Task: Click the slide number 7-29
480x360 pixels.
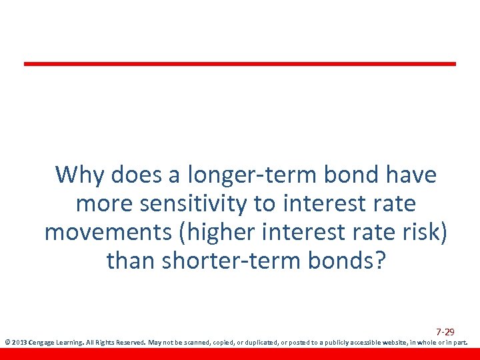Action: pyautogui.click(x=445, y=332)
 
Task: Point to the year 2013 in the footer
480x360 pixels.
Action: pyautogui.click(x=19, y=343)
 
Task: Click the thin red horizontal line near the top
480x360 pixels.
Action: pyautogui.click(x=240, y=64)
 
